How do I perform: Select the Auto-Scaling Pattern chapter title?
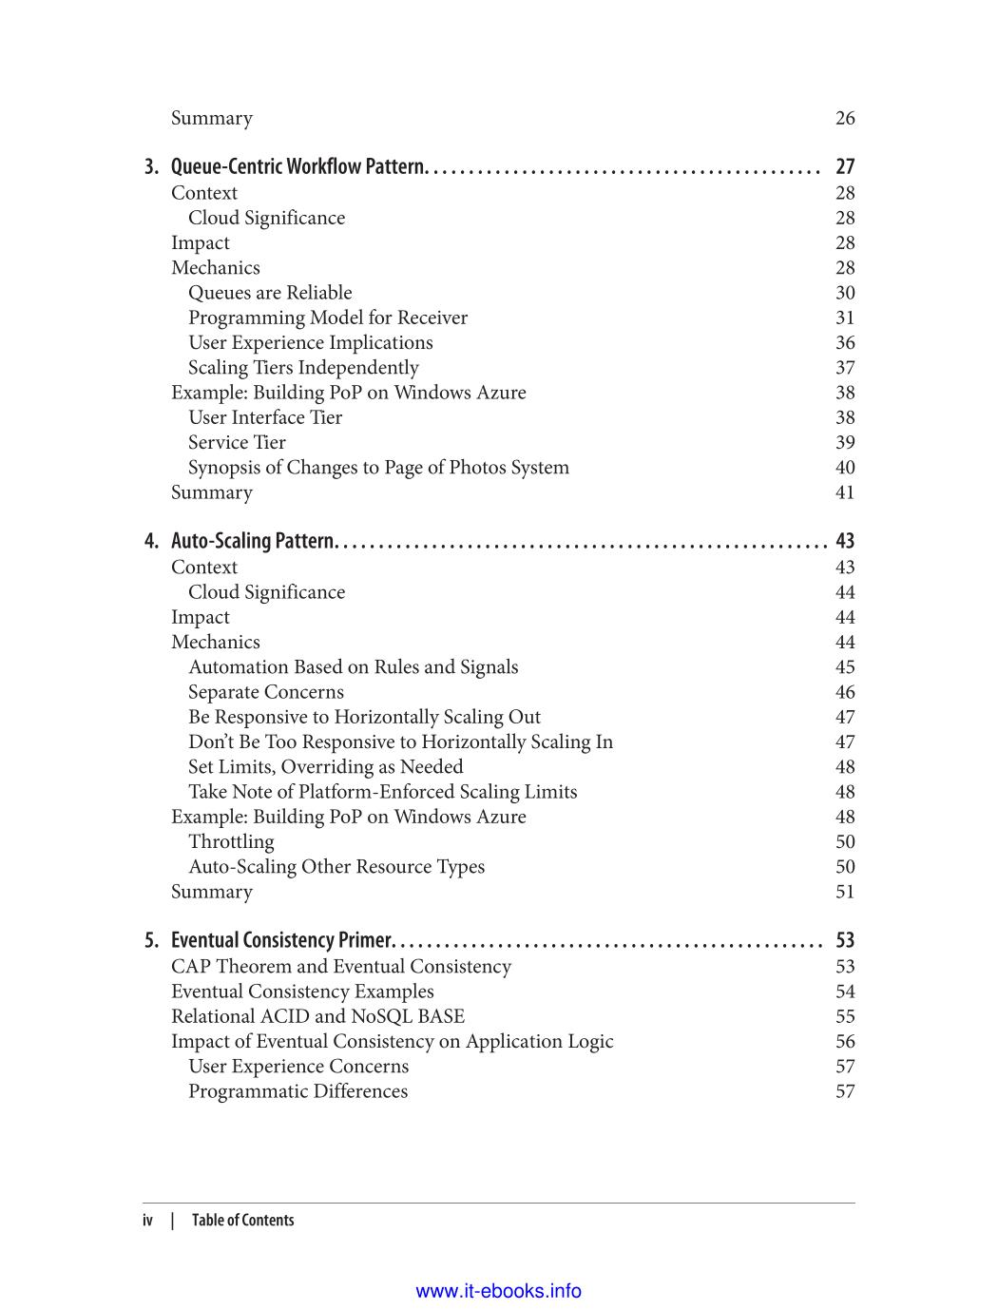252,542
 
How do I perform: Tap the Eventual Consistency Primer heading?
280,941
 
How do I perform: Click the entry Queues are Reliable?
270,293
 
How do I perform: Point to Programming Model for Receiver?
328,318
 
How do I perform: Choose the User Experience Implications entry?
310,342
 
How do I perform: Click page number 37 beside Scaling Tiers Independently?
845,368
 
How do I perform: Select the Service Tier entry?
237,442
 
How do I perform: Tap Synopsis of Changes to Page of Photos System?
378,468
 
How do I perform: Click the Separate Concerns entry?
266,692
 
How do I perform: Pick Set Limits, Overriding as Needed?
326,767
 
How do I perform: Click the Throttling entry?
231,841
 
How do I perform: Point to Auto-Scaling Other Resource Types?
336,867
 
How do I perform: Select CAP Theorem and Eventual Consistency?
341,967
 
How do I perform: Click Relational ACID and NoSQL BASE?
317,1016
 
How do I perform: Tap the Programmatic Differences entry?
297,1091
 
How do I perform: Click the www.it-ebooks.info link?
499,1291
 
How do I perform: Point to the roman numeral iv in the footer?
148,1221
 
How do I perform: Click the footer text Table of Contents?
243,1221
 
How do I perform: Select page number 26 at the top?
845,119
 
